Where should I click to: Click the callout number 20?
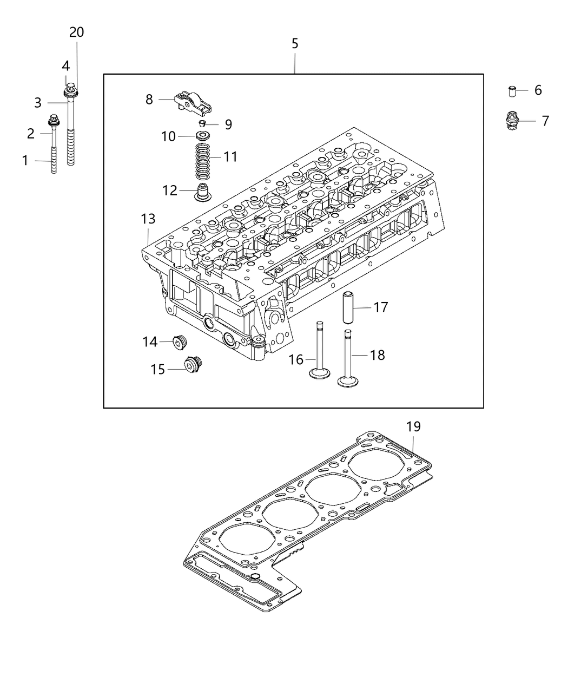pos(76,32)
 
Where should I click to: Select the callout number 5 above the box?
pos(295,43)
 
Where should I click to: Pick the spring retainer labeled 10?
pos(203,135)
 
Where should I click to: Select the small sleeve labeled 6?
pos(510,90)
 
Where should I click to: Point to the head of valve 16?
pos(320,373)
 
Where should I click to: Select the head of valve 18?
pos(347,381)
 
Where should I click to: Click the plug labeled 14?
pos(178,342)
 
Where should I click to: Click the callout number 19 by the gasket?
pos(413,426)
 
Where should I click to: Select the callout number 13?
pos(148,219)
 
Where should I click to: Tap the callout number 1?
pos(25,160)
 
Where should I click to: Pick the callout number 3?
pos(38,102)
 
